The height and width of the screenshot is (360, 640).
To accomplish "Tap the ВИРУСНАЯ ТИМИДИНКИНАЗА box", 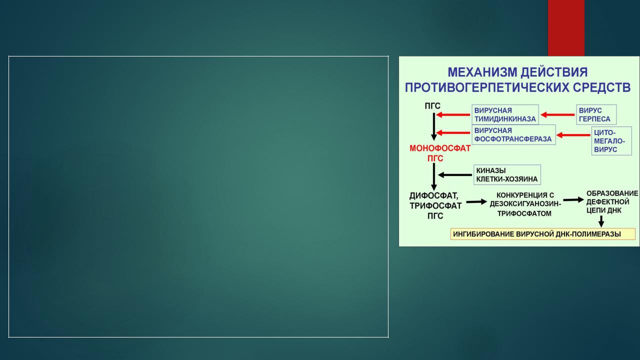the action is [505, 114].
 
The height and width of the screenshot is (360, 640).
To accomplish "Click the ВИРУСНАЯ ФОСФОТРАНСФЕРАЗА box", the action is [513, 135].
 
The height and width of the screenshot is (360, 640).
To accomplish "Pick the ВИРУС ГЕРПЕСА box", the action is [596, 114].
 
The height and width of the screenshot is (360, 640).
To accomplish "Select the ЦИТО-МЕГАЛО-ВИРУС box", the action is [611, 141].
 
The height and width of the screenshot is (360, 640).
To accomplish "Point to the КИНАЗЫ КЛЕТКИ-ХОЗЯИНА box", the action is [507, 174].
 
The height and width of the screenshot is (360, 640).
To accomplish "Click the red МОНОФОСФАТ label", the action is [440, 148].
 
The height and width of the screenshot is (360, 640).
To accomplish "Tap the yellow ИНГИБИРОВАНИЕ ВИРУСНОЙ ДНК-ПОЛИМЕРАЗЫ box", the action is [543, 234].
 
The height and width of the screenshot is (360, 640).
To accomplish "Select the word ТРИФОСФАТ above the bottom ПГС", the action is [435, 205].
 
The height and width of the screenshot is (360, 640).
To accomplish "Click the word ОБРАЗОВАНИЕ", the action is [612, 193].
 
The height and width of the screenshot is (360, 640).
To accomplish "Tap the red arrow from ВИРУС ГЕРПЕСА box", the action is [557, 115].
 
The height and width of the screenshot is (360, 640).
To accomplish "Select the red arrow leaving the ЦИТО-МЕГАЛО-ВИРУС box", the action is [573, 135].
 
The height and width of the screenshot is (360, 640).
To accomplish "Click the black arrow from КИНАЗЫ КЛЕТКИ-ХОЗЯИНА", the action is [455, 175].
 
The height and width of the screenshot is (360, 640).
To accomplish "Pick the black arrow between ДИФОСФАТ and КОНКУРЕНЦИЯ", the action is [476, 201].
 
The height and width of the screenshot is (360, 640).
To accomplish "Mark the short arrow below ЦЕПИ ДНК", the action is [601, 221].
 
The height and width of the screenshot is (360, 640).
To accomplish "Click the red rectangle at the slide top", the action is [566, 28].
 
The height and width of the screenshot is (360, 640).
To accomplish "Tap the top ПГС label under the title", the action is [432, 106].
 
